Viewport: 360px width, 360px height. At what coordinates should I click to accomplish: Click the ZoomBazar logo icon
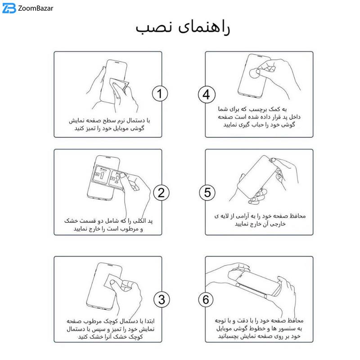(x=9, y=8)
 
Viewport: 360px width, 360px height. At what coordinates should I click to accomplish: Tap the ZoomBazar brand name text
(x=36, y=9)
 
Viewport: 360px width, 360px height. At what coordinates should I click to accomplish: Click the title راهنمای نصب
(x=183, y=28)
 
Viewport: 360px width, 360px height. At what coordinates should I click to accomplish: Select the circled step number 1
(x=160, y=94)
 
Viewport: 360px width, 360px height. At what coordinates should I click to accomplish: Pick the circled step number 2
(x=161, y=193)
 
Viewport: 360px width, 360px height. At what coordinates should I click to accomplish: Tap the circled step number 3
(x=162, y=299)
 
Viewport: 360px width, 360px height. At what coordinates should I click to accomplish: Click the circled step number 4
(x=207, y=94)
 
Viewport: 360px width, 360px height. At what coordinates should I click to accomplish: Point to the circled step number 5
(x=207, y=193)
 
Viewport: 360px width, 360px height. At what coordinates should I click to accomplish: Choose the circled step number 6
(x=206, y=299)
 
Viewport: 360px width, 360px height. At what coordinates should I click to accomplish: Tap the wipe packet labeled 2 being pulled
(x=117, y=179)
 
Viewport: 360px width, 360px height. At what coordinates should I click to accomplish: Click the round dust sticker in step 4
(x=254, y=73)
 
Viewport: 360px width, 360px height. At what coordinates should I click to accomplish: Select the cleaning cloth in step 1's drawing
(x=119, y=85)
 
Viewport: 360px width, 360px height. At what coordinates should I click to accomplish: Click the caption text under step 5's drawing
(x=260, y=220)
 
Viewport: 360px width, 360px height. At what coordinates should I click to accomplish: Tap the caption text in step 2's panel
(x=108, y=225)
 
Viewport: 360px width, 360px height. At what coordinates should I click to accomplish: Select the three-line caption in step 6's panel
(x=259, y=328)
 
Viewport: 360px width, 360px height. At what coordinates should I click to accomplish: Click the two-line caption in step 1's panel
(x=109, y=125)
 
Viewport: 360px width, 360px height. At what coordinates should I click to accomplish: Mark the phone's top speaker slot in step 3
(x=110, y=265)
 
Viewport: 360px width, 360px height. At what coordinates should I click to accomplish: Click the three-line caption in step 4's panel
(x=259, y=117)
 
